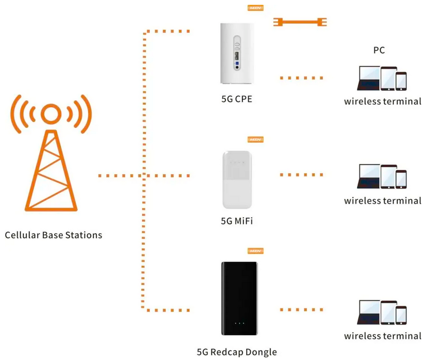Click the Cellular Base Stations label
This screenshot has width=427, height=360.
click(x=53, y=235)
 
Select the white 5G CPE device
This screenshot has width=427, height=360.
click(x=237, y=53)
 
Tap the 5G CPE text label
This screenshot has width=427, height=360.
click(x=237, y=98)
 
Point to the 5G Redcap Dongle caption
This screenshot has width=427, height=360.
click(x=237, y=352)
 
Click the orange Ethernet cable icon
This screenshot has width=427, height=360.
click(x=300, y=22)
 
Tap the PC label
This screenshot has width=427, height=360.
click(x=378, y=51)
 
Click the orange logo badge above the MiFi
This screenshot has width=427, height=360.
click(x=255, y=140)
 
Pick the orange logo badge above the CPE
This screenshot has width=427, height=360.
click(x=255, y=8)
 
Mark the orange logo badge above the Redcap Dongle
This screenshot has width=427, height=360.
click(x=255, y=251)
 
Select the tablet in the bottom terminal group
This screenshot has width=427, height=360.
click(x=389, y=312)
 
